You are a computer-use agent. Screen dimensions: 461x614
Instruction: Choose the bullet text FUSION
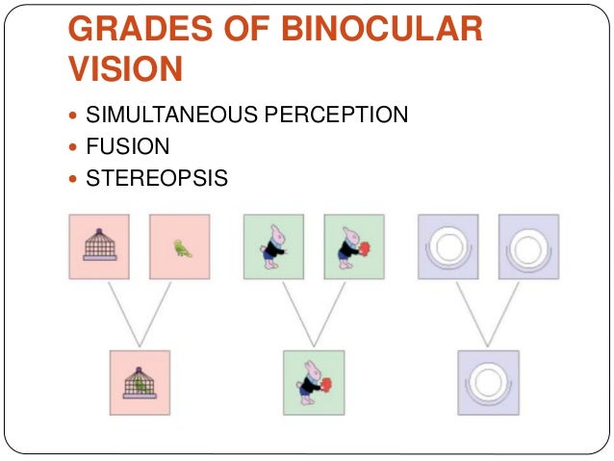coord(127,146)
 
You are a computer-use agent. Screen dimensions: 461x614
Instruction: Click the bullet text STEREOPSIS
coord(157,177)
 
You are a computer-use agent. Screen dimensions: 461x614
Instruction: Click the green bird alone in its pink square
coord(180,247)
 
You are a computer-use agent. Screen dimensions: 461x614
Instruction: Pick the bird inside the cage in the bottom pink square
coord(141,385)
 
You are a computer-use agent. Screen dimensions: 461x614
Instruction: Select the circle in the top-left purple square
coord(447,247)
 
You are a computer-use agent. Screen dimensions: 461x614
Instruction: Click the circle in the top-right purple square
coord(528,247)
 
